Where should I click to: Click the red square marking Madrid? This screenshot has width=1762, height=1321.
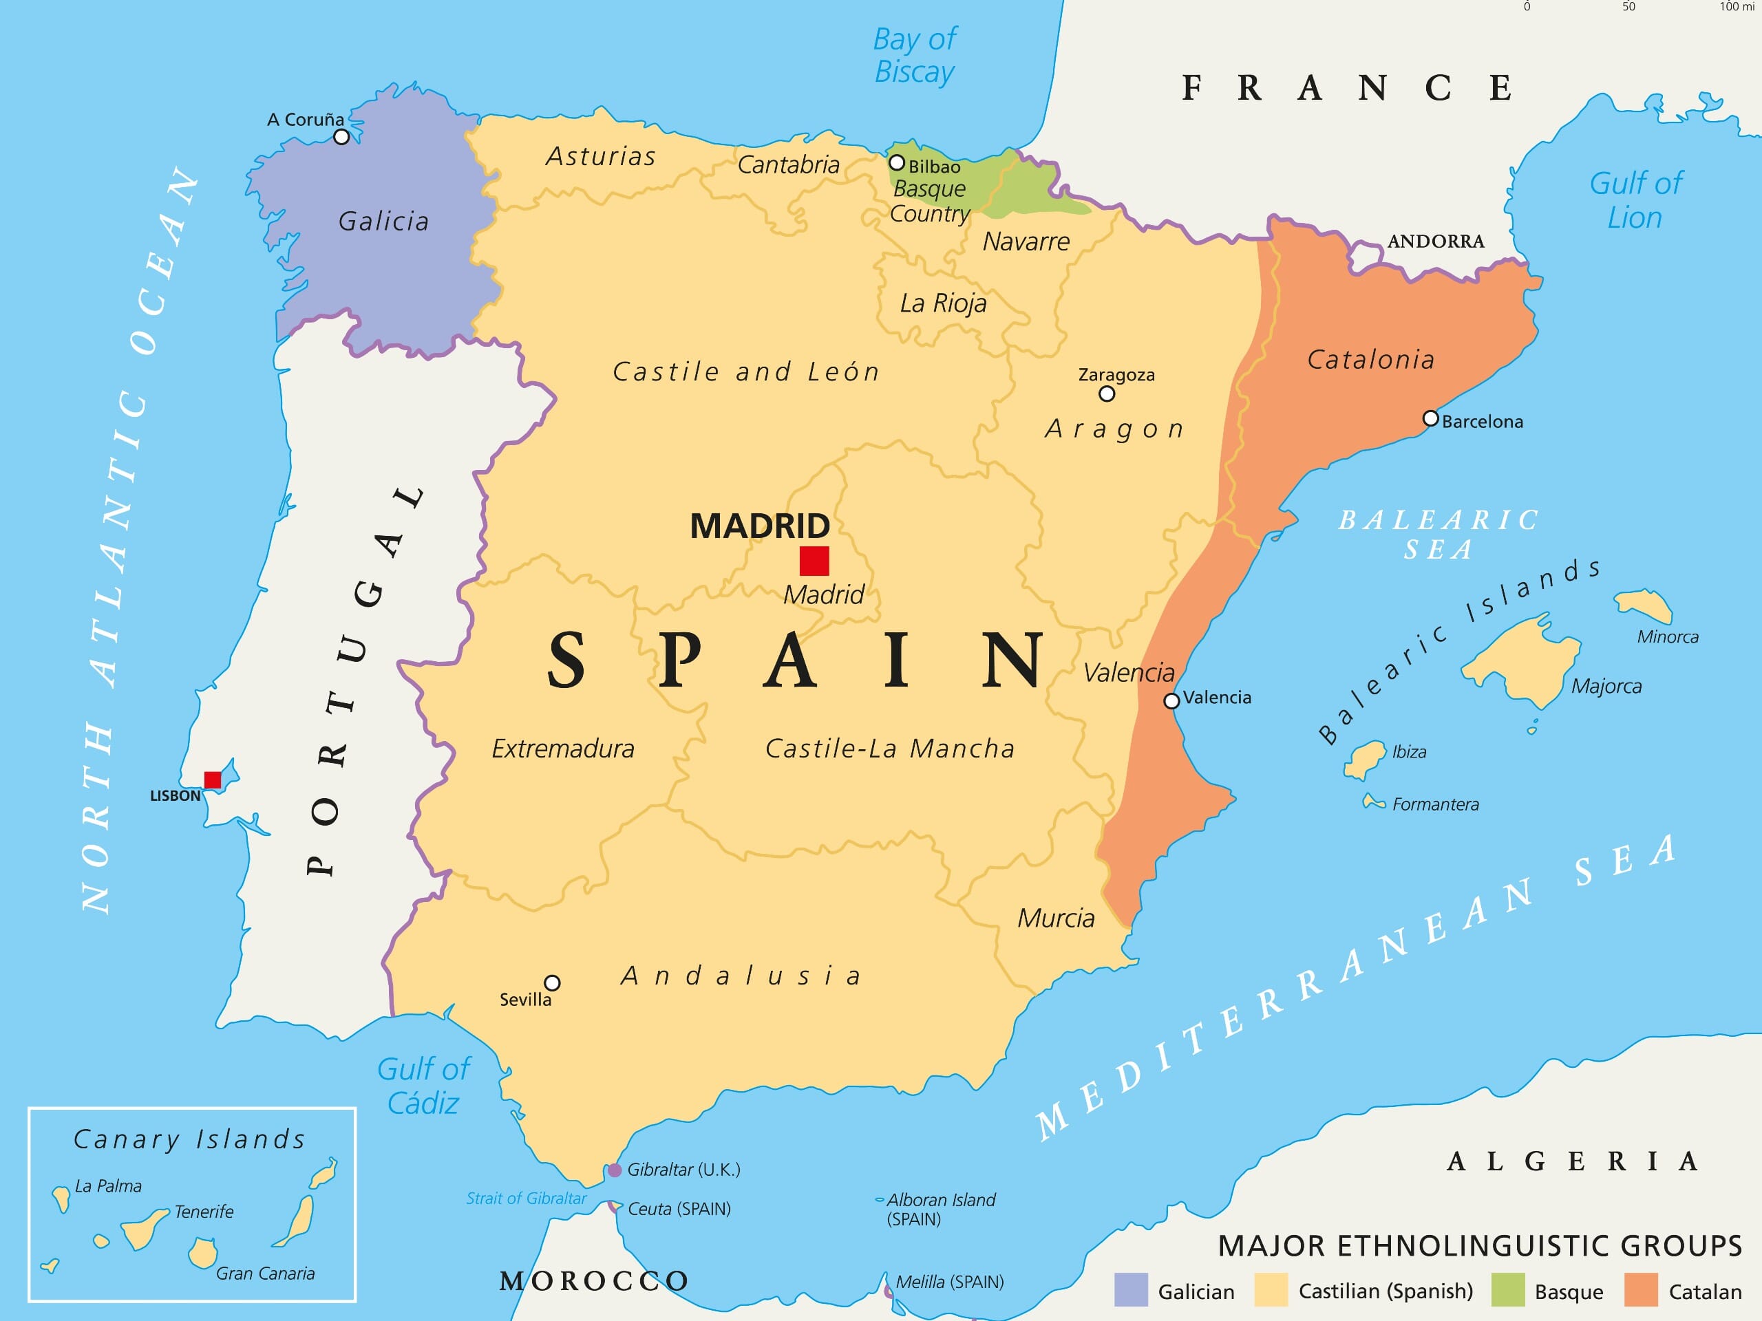click(814, 561)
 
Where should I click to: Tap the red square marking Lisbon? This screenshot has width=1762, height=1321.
click(213, 780)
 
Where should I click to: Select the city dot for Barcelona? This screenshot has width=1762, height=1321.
click(1431, 419)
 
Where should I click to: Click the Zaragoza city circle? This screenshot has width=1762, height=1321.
click(1107, 394)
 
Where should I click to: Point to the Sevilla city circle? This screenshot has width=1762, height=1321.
click(552, 982)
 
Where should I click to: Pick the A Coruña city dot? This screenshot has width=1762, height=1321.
click(341, 137)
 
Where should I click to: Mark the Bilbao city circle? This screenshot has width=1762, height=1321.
click(897, 163)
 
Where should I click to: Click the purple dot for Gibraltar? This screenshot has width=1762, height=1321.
click(615, 1170)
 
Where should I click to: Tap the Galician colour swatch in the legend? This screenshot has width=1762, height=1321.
click(1131, 1290)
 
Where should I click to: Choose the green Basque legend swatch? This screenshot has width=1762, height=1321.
click(1508, 1290)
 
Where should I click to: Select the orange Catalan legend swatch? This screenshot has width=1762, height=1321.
click(1641, 1290)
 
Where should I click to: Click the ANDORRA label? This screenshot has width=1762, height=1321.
click(1435, 241)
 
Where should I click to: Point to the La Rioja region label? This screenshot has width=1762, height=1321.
click(943, 303)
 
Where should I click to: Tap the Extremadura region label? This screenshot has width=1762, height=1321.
click(563, 749)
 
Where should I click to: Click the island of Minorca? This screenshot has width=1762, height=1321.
click(1645, 605)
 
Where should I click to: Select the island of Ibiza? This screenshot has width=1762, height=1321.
click(1366, 759)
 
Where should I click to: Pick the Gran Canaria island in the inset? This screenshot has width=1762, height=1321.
click(203, 1252)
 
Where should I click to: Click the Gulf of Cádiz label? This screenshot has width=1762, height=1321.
click(424, 1086)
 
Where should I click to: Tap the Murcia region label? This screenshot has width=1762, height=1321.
click(1057, 918)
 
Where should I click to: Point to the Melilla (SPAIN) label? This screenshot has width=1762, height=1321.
click(950, 1282)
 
